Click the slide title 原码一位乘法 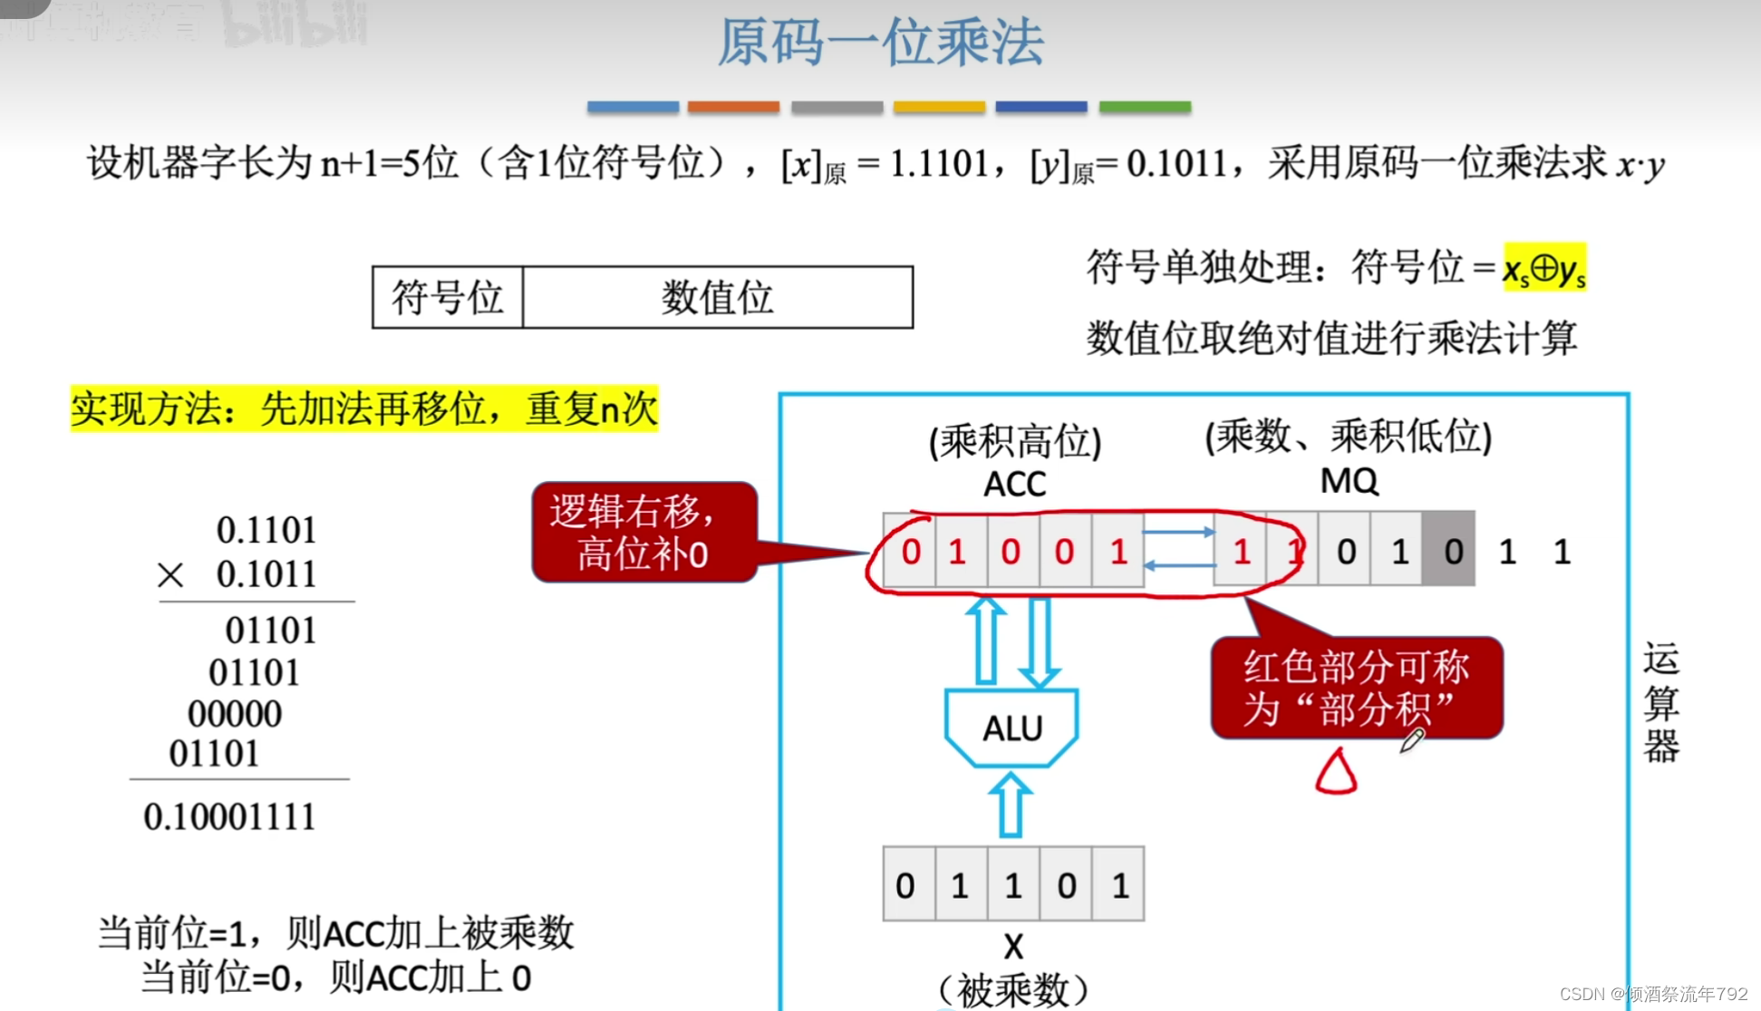pyautogui.click(x=880, y=43)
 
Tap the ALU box pyautogui.click(x=1012, y=727)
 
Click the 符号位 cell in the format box pyautogui.click(x=447, y=297)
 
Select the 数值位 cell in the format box pyautogui.click(x=717, y=297)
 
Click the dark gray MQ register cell pyautogui.click(x=1450, y=550)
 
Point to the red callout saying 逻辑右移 pyautogui.click(x=643, y=533)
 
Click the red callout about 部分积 pyautogui.click(x=1356, y=688)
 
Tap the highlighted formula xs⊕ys pyautogui.click(x=1544, y=268)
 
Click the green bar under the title pyautogui.click(x=1145, y=107)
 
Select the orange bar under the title pyautogui.click(x=733, y=107)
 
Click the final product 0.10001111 pyautogui.click(x=229, y=816)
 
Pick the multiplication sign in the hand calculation pyautogui.click(x=170, y=575)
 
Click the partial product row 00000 pyautogui.click(x=235, y=714)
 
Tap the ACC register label pyautogui.click(x=1014, y=485)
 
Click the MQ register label pyautogui.click(x=1349, y=481)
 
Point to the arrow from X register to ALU pyautogui.click(x=1011, y=804)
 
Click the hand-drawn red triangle pyautogui.click(x=1336, y=773)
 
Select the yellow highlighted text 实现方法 pyautogui.click(x=364, y=409)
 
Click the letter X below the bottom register pyautogui.click(x=1013, y=948)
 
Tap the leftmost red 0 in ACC pyautogui.click(x=911, y=551)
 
